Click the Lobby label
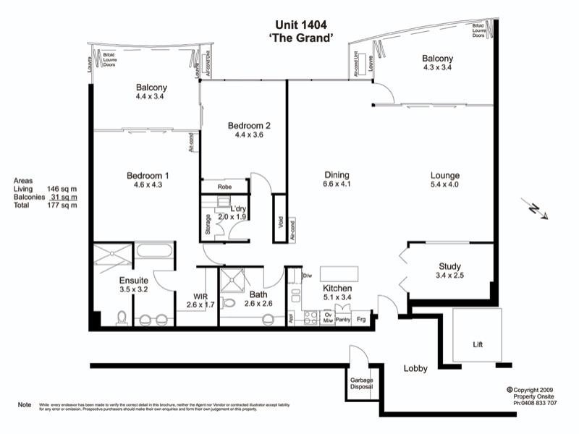point(415,368)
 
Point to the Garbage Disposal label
point(361,383)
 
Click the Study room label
point(449,267)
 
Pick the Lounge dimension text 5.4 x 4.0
point(444,185)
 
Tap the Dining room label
point(337,175)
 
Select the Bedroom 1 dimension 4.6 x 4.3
point(148,185)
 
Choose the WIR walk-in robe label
point(200,296)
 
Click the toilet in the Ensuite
point(122,318)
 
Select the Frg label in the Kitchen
point(361,318)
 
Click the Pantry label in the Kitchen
point(343,318)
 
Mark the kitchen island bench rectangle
point(339,276)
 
